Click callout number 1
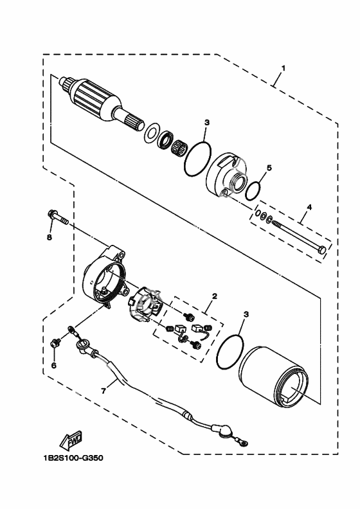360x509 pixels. [283, 69]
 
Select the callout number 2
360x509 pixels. [214, 296]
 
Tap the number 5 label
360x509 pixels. [269, 168]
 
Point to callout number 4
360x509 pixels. [309, 207]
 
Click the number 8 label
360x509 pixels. [50, 238]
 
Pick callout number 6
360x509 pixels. [54, 365]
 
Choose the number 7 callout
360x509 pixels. [104, 391]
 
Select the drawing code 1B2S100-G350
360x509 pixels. [73, 458]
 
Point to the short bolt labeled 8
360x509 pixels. [59, 217]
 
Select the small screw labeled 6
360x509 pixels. [56, 343]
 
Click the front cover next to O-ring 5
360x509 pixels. [226, 177]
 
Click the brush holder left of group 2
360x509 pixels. [145, 304]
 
